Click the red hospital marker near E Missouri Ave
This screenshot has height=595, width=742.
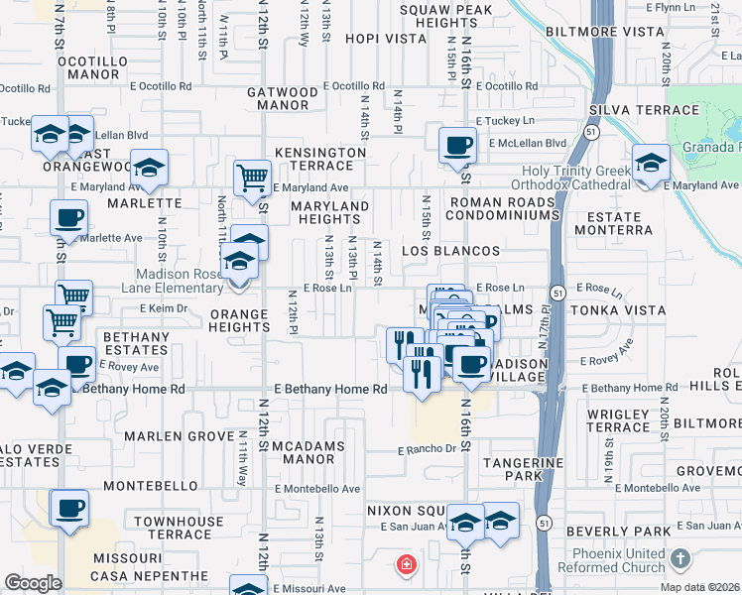point(404,566)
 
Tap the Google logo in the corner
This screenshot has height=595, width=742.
point(34,583)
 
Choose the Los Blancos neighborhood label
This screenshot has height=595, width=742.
point(449,251)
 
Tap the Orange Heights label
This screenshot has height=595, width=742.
point(239,321)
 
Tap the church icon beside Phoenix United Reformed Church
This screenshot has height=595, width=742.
point(680,558)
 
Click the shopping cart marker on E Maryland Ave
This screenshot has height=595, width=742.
point(252,178)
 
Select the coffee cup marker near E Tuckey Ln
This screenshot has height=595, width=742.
point(457,145)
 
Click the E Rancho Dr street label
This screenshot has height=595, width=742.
point(428,449)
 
